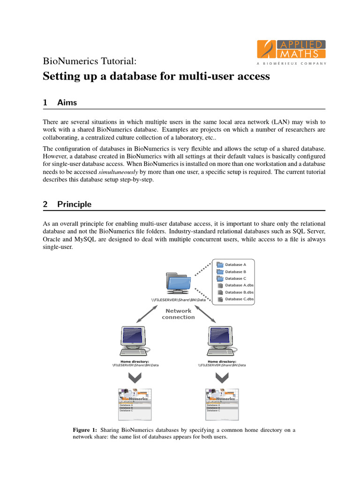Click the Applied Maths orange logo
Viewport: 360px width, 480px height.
pyautogui.click(x=291, y=49)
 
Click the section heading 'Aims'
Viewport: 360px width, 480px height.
pyautogui.click(x=67, y=102)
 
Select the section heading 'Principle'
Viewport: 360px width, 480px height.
pyautogui.click(x=74, y=204)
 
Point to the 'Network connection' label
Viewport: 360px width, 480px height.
pyautogui.click(x=178, y=314)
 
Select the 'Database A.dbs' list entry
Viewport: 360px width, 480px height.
pyautogui.click(x=239, y=285)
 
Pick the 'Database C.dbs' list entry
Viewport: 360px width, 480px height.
pyautogui.click(x=239, y=299)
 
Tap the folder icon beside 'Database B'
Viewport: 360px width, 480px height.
pyautogui.click(x=220, y=271)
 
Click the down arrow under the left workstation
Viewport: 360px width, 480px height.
pyautogui.click(x=135, y=378)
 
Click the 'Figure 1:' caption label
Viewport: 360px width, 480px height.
pyautogui.click(x=85, y=429)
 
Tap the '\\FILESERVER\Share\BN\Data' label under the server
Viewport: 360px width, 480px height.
pyautogui.click(x=179, y=299)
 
